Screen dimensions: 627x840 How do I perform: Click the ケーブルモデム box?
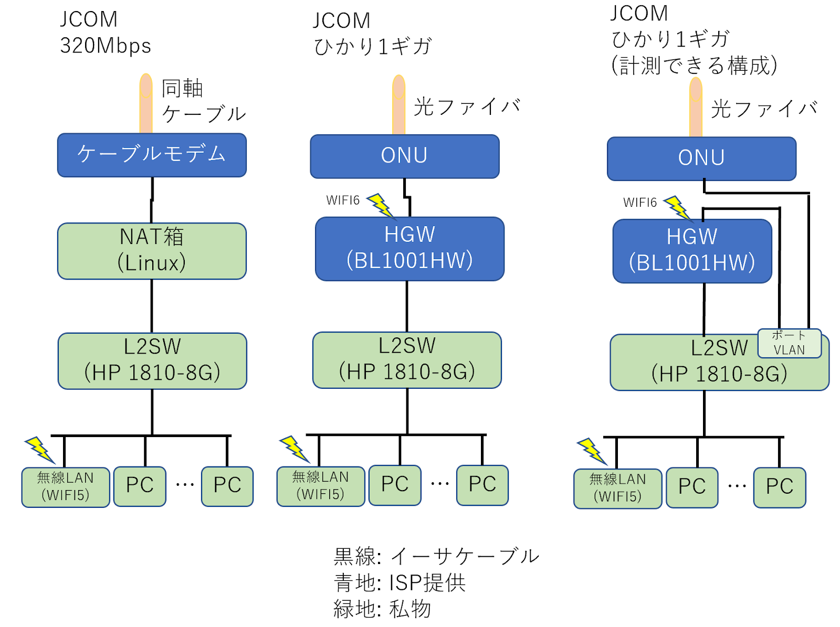(x=152, y=155)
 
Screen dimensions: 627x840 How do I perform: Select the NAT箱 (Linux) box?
(x=152, y=251)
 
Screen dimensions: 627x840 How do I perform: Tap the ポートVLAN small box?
(x=789, y=343)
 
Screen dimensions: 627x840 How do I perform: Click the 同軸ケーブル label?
(x=203, y=101)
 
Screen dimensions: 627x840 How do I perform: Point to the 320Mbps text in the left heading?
(x=106, y=46)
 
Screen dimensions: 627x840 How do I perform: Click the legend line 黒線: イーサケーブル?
(x=436, y=556)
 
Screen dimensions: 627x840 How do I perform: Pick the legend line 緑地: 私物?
(x=382, y=609)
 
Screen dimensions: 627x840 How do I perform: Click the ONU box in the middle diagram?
(x=404, y=156)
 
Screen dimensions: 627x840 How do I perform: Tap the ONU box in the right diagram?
(x=701, y=158)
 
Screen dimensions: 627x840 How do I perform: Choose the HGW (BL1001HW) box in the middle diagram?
(x=409, y=249)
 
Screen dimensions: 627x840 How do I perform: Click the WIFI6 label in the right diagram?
(x=639, y=203)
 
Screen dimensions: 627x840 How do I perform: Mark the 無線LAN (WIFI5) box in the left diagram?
(x=66, y=487)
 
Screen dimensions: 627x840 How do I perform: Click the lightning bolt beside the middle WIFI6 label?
(x=380, y=205)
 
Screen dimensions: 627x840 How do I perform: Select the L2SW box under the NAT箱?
(x=152, y=361)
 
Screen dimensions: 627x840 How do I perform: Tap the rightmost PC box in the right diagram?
(x=780, y=487)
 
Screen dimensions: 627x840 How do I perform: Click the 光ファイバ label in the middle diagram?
(x=467, y=107)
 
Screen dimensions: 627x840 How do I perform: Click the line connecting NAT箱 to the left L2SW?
(x=152, y=306)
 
